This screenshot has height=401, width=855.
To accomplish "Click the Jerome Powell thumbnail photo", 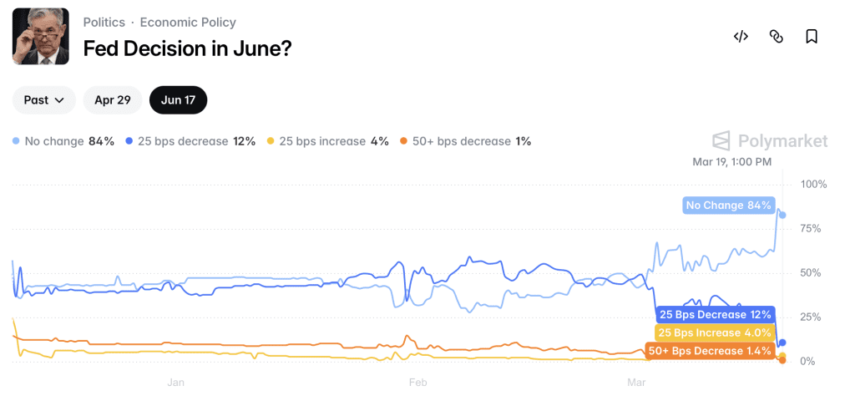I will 41,37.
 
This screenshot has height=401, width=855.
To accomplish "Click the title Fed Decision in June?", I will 187,48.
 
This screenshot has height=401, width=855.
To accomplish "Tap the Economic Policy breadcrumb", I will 188,23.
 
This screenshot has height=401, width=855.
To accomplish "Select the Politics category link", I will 104,23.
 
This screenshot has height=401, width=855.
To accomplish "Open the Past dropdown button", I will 44,100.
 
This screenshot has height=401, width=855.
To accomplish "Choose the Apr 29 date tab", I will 113,100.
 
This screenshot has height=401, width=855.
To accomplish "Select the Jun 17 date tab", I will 178,100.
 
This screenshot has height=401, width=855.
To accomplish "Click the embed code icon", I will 741,36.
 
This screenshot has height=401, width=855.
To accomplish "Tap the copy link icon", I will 776,36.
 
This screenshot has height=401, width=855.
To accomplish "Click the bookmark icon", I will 811,36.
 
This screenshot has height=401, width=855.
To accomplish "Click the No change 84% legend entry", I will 63,141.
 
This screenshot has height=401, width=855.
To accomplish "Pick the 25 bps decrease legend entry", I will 190,141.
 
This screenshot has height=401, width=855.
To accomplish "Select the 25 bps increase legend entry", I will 327,141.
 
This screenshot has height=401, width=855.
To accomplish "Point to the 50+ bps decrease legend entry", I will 466,141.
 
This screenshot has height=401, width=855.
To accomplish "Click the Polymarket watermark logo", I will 769,140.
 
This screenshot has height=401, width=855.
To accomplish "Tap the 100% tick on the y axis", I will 812,184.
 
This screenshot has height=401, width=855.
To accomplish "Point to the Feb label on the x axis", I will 418,383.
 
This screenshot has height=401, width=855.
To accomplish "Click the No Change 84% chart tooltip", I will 728,206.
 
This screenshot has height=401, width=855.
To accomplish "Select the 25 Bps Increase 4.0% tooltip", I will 714,332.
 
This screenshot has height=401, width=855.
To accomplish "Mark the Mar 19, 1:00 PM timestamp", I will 732,161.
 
